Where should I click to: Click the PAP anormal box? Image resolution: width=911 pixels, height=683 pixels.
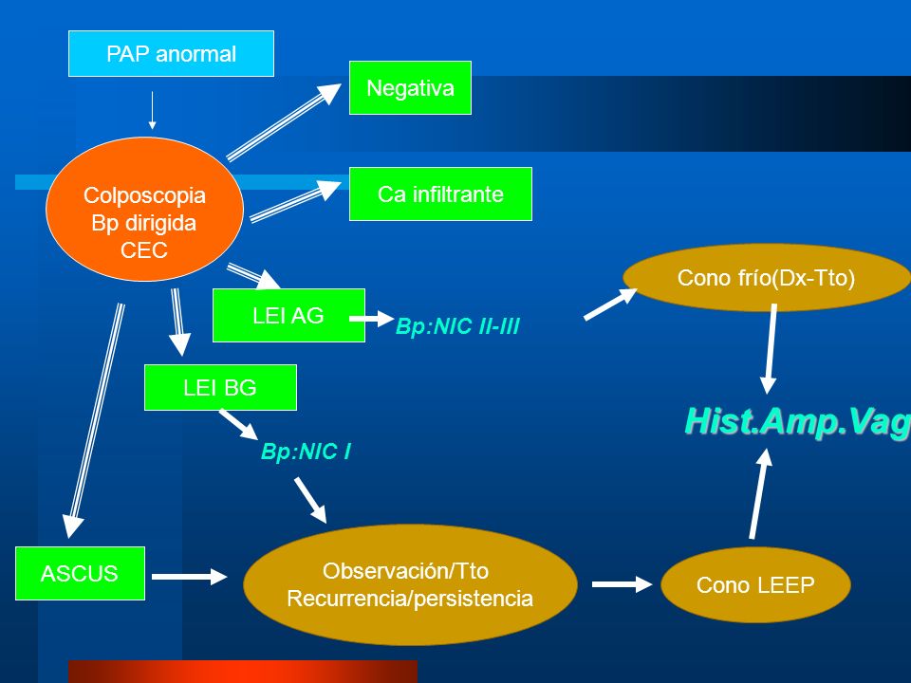coord(172,53)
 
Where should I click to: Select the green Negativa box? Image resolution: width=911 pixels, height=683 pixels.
coord(410,87)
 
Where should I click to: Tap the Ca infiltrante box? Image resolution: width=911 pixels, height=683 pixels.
coord(440,194)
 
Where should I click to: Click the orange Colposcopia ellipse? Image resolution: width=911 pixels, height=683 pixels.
coord(144,210)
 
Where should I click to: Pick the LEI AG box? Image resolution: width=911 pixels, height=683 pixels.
coord(288,315)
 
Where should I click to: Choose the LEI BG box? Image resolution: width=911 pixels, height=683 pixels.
coord(220,387)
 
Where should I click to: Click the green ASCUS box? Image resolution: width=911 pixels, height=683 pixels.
coord(80,573)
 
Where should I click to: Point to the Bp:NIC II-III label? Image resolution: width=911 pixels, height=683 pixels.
coord(457,326)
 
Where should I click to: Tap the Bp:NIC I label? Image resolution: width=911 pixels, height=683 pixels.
coord(306,452)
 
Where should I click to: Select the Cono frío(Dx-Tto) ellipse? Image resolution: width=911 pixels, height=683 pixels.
coord(767,278)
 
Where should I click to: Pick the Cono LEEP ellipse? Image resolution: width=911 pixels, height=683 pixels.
coord(755,585)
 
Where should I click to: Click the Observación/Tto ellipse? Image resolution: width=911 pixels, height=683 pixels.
coord(410,584)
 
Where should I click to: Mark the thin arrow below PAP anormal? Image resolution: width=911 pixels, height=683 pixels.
coord(152,110)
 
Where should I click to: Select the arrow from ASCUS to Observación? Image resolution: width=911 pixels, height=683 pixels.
coord(190,577)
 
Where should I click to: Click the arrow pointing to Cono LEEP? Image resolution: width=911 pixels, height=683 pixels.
coord(623,584)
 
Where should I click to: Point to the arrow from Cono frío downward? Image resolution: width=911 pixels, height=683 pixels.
coord(770,349)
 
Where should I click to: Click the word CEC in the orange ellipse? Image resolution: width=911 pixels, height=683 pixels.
coord(144,250)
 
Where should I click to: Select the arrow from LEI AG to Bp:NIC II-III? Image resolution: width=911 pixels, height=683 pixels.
coord(372,319)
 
